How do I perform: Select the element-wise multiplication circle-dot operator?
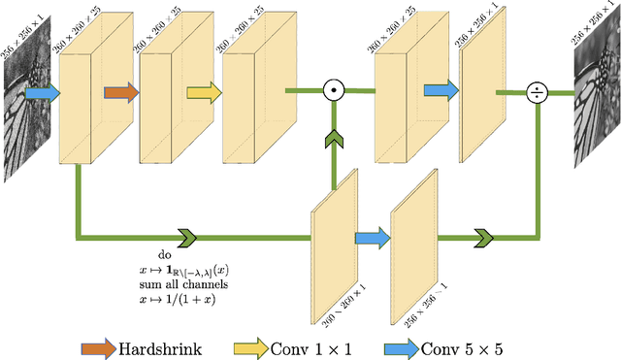click(x=334, y=91)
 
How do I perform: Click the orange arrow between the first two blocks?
click(x=121, y=92)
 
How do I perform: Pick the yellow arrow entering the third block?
click(x=204, y=92)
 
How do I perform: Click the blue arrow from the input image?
click(x=42, y=92)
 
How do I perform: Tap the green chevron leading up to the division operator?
click(x=482, y=236)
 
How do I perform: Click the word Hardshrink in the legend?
click(x=160, y=346)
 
